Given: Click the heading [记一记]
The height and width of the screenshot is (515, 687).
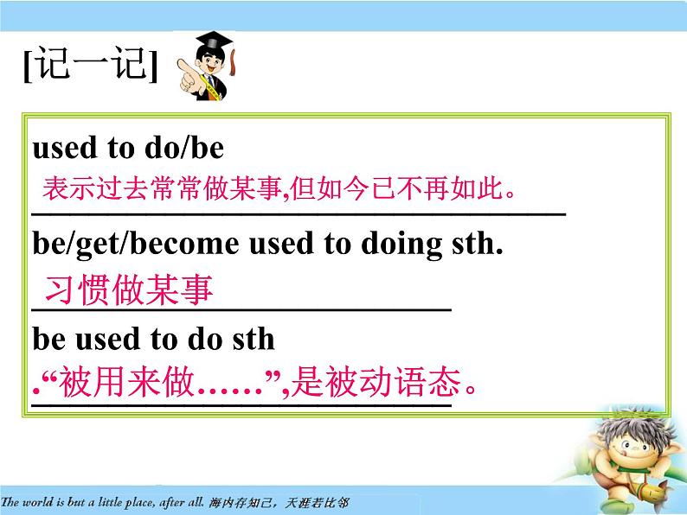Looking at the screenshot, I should tap(91, 66).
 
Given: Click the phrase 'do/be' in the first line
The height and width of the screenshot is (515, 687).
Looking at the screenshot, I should tap(182, 149).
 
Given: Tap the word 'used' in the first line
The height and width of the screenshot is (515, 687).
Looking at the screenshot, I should tap(65, 149).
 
